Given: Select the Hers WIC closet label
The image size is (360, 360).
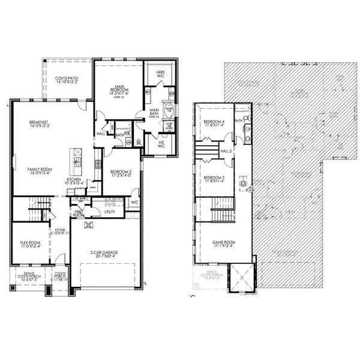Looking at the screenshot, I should tap(161, 74).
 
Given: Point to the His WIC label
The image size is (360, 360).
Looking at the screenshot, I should tap(160, 145).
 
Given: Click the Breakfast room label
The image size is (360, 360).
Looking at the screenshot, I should tap(38, 124).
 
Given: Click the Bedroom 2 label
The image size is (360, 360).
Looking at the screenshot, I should tap(122, 174).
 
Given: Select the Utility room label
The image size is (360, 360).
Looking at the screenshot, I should tap(110, 212).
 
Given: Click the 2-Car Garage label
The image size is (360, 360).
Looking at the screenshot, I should tap(106, 254).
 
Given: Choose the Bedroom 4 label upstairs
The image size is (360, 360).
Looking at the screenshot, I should tap(214, 124).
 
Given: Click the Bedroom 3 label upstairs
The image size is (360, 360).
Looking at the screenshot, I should tap(214, 180).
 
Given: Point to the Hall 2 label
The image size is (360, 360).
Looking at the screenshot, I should tap(226, 151).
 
